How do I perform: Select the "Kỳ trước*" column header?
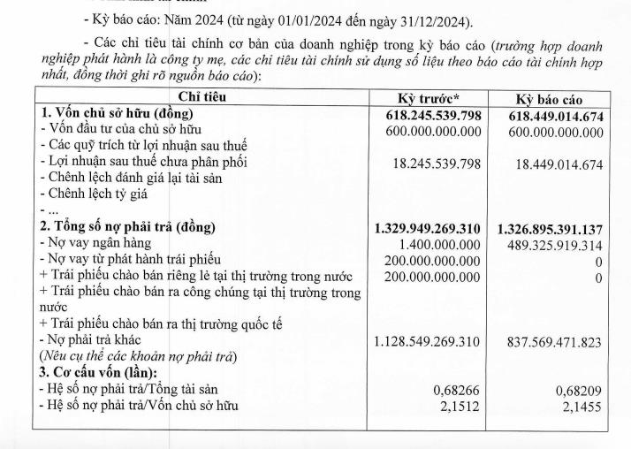[x=427, y=98]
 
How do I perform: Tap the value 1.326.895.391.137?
[x=550, y=227]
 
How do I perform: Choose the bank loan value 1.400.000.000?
[x=437, y=243]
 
